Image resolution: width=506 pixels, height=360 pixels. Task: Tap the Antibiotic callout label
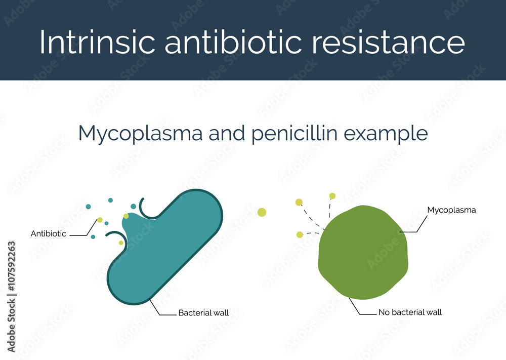point(49,234)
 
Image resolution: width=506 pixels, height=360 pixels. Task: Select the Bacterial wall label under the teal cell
point(203,313)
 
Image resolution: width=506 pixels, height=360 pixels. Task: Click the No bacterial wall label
point(410,312)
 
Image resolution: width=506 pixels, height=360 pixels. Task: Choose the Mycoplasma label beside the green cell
point(451,210)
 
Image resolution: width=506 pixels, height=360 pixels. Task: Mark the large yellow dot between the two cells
point(262,212)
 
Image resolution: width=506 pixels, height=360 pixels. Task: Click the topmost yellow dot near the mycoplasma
point(332,196)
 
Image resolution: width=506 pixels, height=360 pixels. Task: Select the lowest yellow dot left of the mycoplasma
point(300,234)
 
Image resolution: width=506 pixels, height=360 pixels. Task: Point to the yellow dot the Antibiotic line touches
point(100,220)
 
